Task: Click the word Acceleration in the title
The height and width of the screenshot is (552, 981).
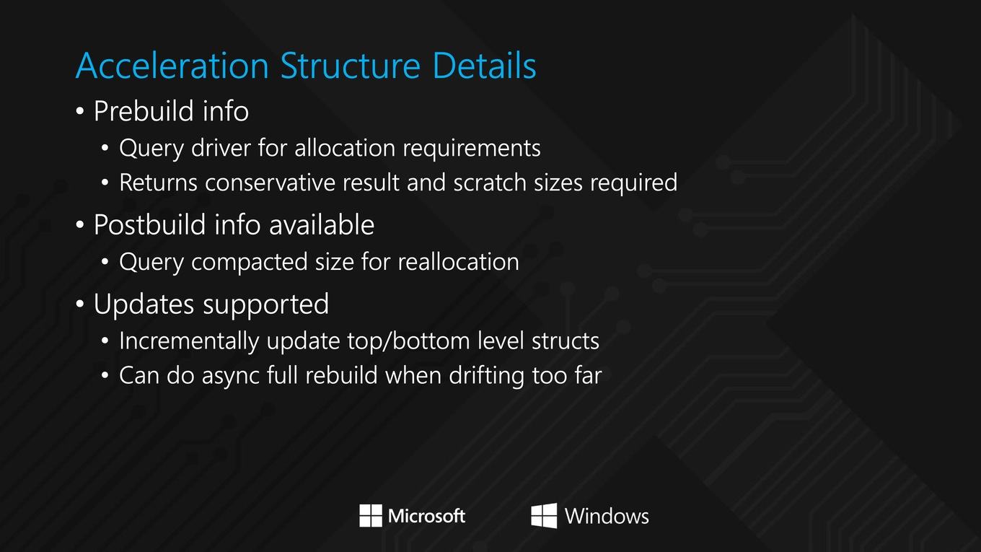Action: coord(172,66)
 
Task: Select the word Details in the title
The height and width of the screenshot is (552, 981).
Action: coord(485,66)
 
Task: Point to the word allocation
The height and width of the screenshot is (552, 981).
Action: coord(345,148)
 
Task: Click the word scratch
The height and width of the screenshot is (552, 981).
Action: coord(490,183)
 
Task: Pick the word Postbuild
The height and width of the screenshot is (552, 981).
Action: coord(149,224)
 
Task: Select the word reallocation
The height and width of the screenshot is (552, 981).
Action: coord(459,262)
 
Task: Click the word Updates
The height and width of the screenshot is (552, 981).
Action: coord(144,304)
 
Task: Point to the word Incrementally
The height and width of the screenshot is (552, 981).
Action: coord(189,341)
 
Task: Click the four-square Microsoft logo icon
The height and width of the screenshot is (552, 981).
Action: coord(371,516)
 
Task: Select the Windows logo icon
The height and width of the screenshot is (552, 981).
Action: coord(544,516)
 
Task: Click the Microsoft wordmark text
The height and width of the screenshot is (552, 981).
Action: coord(426,516)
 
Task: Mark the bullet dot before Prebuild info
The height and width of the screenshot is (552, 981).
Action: coord(79,111)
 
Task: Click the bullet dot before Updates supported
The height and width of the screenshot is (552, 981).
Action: coord(79,304)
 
